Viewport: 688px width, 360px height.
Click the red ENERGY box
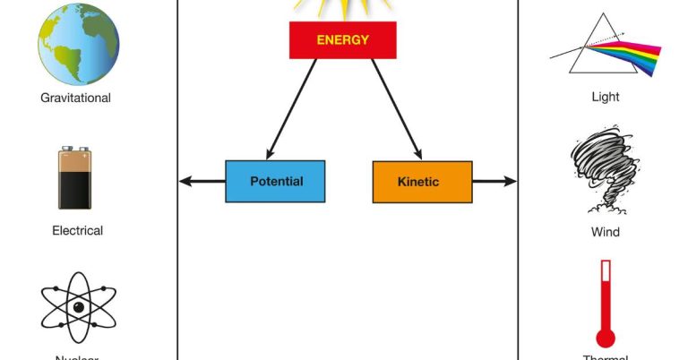342,40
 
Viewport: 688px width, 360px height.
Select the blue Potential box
275,181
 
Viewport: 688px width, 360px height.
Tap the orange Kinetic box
422,181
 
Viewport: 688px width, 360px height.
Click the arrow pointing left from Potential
202,182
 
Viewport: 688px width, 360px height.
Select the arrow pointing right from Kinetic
494,182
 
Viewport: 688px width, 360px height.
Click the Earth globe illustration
78,43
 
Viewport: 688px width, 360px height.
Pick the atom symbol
78,307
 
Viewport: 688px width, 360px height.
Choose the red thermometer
606,304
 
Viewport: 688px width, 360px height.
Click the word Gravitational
75,98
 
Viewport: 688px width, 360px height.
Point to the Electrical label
77,230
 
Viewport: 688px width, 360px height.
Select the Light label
606,97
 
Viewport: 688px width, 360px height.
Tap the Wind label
606,232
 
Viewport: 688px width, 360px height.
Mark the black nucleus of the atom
79,307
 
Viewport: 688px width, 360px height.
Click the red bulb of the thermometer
606,339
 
